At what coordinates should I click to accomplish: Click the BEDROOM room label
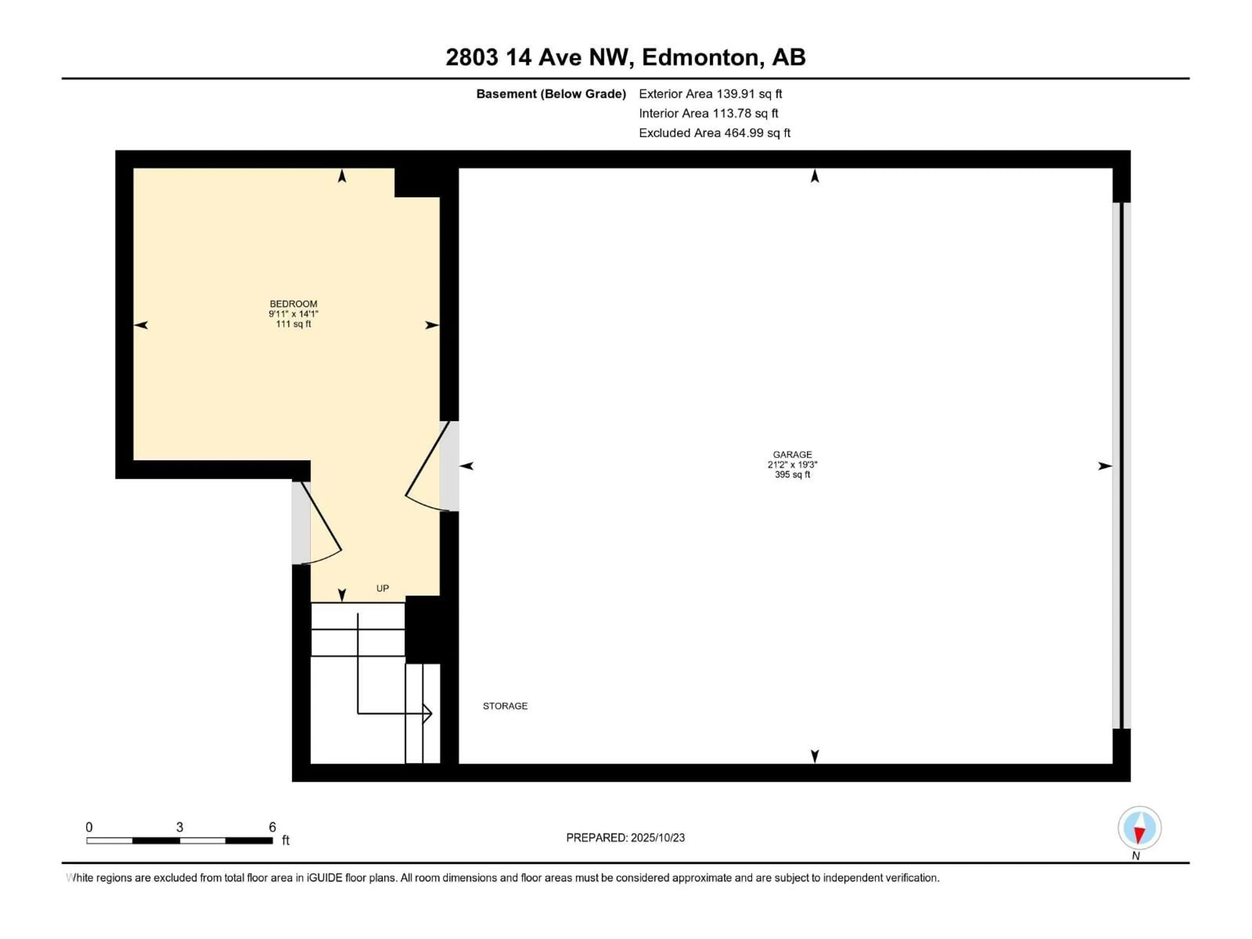click(293, 304)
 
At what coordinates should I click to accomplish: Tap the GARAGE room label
click(792, 455)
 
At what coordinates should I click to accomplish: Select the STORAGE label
click(505, 706)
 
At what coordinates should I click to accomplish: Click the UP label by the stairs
click(383, 588)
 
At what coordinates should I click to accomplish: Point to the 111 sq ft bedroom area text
click(293, 324)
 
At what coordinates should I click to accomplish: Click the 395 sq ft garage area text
click(792, 475)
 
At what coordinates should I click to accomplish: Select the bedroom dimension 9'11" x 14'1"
click(293, 314)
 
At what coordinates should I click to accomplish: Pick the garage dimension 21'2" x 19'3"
click(792, 465)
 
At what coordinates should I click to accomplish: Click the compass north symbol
click(1140, 828)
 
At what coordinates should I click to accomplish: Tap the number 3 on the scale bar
click(179, 827)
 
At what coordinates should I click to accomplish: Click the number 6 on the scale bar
click(272, 827)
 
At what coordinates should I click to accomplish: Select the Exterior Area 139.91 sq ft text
click(710, 94)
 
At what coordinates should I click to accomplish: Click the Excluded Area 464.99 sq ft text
click(714, 133)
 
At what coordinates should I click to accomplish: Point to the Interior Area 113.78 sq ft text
click(708, 113)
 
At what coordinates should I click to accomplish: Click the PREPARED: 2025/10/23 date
click(625, 838)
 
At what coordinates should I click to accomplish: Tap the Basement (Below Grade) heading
click(551, 94)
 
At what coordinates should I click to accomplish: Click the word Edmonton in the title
click(700, 57)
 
